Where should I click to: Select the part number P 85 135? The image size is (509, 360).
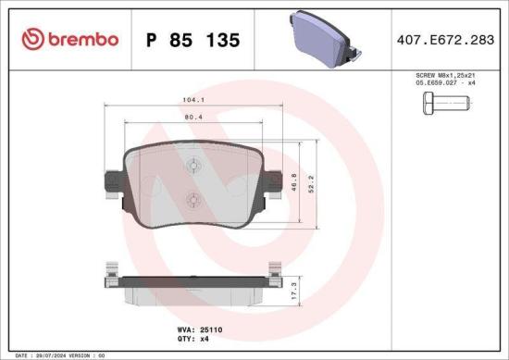pos(193,40)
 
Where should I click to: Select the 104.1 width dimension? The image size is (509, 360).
pos(192,99)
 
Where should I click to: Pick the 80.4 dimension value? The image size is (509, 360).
pos(192,118)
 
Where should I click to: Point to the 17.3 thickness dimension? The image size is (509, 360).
pos(295,290)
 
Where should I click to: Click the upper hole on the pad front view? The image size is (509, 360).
pos(192,166)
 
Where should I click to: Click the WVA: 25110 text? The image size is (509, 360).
pos(192,328)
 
